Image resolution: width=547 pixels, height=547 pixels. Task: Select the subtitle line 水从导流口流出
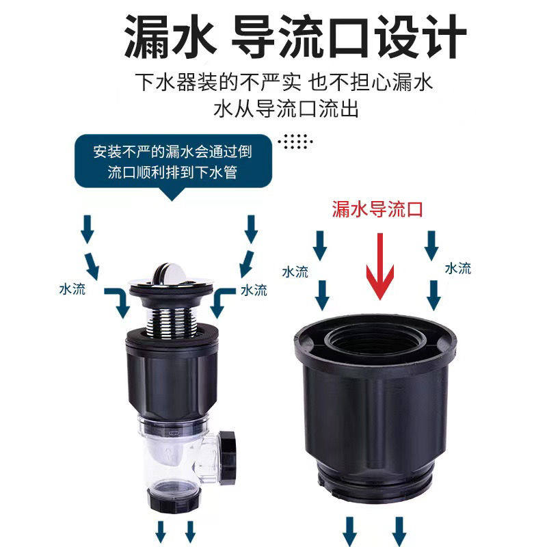click(x=286, y=109)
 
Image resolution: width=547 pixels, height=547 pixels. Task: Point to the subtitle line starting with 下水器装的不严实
click(x=286, y=83)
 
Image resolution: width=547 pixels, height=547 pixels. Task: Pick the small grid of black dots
click(x=297, y=142)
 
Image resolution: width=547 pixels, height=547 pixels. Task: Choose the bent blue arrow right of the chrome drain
click(x=223, y=301)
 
